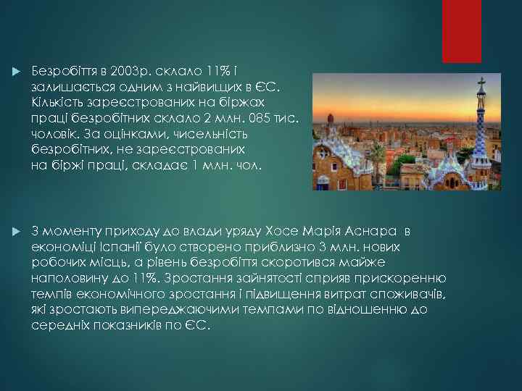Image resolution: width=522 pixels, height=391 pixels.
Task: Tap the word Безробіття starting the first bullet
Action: point(65,72)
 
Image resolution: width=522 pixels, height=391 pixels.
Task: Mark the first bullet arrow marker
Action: point(16,72)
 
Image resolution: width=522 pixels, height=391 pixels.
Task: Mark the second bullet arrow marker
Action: point(16,232)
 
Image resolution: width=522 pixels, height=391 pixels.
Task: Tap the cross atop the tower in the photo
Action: point(481,82)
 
